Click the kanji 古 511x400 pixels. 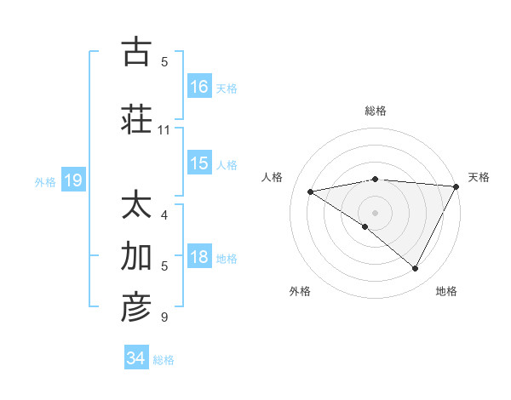[136, 53]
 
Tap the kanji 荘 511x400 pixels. [136, 119]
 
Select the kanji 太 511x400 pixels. [136, 206]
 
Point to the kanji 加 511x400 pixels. [136, 257]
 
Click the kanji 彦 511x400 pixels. [136, 308]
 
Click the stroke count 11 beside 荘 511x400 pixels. [164, 130]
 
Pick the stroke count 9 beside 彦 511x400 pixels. [164, 318]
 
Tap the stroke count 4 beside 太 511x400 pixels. [164, 215]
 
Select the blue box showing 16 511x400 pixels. [199, 86]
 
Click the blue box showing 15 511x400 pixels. [199, 163]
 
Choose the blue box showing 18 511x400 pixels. [199, 257]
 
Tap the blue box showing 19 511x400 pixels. [72, 180]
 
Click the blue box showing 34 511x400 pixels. [135, 359]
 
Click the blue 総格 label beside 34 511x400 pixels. [164, 360]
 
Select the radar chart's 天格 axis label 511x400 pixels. [479, 177]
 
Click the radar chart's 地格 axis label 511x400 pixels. [446, 291]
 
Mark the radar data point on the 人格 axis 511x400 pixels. [311, 191]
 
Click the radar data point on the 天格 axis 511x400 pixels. [456, 186]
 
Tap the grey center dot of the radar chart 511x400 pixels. [375, 212]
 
